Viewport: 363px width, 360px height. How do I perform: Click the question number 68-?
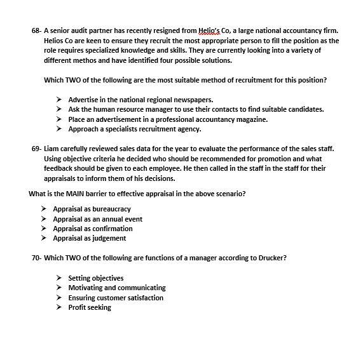click(x=36, y=30)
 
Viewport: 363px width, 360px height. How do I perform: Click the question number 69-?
click(x=36, y=149)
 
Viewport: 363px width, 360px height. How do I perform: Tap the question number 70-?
click(x=36, y=258)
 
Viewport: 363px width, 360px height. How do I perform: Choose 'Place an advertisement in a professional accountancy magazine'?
click(x=168, y=119)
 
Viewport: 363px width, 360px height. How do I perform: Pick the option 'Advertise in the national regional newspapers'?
click(x=140, y=100)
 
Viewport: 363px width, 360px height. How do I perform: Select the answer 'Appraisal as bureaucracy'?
click(x=92, y=209)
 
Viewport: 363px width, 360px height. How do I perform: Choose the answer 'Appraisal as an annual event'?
click(x=97, y=219)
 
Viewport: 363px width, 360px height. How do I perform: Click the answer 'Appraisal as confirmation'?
click(x=93, y=229)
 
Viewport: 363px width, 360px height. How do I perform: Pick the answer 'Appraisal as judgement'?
click(x=89, y=238)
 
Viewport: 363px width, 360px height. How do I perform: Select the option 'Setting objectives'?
click(x=95, y=278)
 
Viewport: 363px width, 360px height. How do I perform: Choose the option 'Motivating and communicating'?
click(x=116, y=288)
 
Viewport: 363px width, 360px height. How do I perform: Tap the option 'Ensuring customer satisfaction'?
click(x=116, y=298)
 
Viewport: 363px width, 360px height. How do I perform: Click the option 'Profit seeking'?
click(x=90, y=307)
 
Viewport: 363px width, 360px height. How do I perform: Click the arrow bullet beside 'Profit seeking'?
click(x=58, y=307)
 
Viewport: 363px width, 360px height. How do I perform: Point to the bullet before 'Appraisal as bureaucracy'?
click(x=43, y=209)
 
